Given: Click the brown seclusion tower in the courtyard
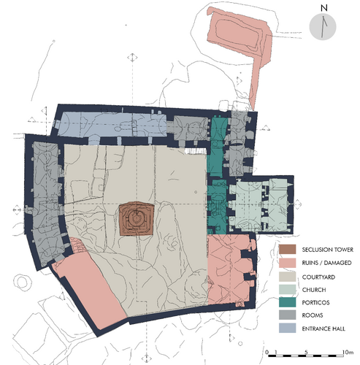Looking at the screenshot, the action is coord(137,218).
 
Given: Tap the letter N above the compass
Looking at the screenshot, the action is coord(323,8).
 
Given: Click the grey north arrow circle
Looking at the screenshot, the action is coord(323,26).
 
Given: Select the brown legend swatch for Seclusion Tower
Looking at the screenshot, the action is coord(287,250).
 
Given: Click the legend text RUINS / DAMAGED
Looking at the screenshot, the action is coord(326,263).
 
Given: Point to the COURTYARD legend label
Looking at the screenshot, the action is coord(318,277).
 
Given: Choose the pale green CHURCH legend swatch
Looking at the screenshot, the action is coord(287,290).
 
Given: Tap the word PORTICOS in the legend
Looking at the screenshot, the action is coord(315,302).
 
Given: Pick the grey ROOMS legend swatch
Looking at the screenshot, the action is coord(287,315).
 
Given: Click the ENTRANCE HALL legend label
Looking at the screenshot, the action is coord(323,328).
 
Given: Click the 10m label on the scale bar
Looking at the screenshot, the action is coord(348,352).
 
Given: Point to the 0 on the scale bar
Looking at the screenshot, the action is coord(267,352).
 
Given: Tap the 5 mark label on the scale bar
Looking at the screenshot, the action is coord(306,352).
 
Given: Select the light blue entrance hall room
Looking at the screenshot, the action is coord(112,123).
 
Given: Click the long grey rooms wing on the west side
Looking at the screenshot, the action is coord(46,202).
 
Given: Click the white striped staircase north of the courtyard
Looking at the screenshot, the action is coord(196,151).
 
